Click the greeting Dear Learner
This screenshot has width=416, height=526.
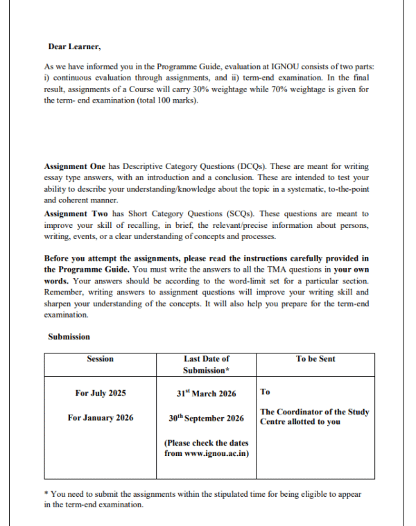[74, 46]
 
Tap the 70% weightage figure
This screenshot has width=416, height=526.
[320, 90]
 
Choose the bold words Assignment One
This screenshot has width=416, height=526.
[75, 167]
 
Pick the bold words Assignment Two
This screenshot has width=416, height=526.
[75, 213]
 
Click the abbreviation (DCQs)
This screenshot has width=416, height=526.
[254, 167]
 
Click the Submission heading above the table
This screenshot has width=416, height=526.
[69, 336]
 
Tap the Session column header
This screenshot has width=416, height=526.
[101, 358]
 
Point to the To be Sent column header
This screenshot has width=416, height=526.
[315, 358]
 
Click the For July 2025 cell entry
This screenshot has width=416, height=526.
[101, 394]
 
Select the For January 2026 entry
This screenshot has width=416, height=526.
[101, 418]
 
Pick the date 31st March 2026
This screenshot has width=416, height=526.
[206, 394]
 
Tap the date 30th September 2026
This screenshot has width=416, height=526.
[206, 418]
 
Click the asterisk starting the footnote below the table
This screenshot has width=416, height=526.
[46, 494]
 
